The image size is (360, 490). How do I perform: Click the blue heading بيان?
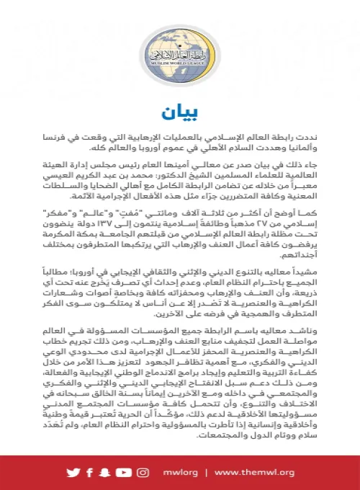(x=180, y=113)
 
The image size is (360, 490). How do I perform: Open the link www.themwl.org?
(x=255, y=472)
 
